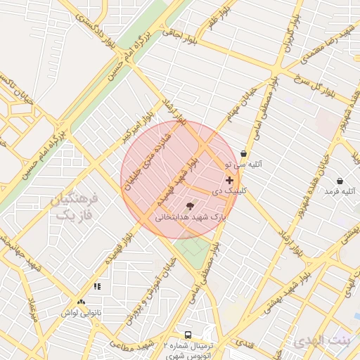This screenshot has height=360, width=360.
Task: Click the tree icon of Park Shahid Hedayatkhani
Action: coord(190,206)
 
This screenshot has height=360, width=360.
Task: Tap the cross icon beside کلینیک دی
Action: coord(229,180)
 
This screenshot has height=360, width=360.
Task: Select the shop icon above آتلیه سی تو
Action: coord(243,153)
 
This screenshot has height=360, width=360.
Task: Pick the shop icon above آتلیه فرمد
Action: coord(340,181)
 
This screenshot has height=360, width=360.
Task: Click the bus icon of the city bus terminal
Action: coord(188,335)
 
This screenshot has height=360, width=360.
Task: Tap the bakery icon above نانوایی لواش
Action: coord(82,302)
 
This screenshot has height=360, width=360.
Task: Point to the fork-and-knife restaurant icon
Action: coord(97,286)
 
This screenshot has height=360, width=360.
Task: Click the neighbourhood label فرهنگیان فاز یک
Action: coord(75,207)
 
